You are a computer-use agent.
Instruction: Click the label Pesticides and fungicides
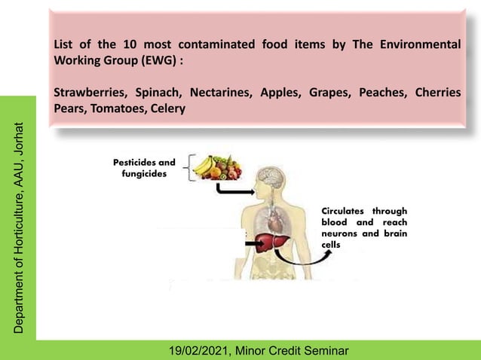coord(143,168)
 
